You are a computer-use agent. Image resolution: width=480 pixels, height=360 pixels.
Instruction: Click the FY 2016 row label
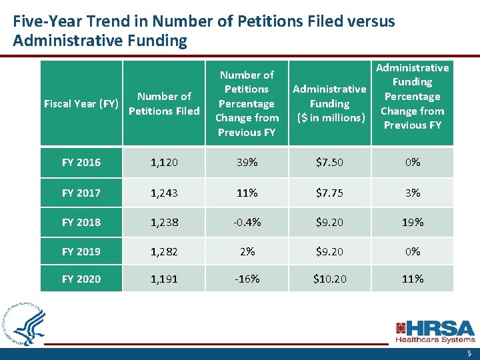click(x=81, y=163)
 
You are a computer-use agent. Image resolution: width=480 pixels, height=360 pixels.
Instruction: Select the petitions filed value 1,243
click(x=164, y=193)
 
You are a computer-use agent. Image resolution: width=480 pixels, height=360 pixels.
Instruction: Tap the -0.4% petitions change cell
click(x=247, y=222)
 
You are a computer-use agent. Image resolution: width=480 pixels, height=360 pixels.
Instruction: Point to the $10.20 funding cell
click(x=329, y=279)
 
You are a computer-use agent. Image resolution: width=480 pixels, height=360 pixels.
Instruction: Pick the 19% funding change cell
click(x=413, y=222)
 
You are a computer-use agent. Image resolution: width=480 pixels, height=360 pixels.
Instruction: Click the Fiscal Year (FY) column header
click(x=81, y=103)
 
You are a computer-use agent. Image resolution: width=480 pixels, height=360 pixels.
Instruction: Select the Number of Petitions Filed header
click(x=164, y=103)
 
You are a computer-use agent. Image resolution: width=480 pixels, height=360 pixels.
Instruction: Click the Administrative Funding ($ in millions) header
click(x=329, y=103)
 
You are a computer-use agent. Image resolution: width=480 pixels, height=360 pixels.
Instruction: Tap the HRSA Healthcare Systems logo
click(x=435, y=331)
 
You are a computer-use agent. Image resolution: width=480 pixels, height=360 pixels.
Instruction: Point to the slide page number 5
click(x=469, y=353)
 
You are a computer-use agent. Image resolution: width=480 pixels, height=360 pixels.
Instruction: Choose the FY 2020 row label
click(x=81, y=279)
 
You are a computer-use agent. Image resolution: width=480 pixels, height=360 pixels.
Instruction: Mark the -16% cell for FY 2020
click(x=247, y=279)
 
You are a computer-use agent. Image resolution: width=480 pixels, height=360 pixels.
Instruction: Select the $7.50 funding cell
click(x=329, y=163)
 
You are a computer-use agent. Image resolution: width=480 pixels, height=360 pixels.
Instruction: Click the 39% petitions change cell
click(x=247, y=163)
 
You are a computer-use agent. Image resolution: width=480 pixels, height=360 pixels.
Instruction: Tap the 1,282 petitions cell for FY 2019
click(x=164, y=251)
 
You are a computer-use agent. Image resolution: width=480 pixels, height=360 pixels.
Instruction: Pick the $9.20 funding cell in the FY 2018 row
click(x=329, y=222)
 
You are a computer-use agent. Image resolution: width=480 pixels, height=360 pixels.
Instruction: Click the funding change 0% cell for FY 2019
click(x=413, y=251)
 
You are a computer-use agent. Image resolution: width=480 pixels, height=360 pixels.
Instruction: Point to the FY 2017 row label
click(x=81, y=193)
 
